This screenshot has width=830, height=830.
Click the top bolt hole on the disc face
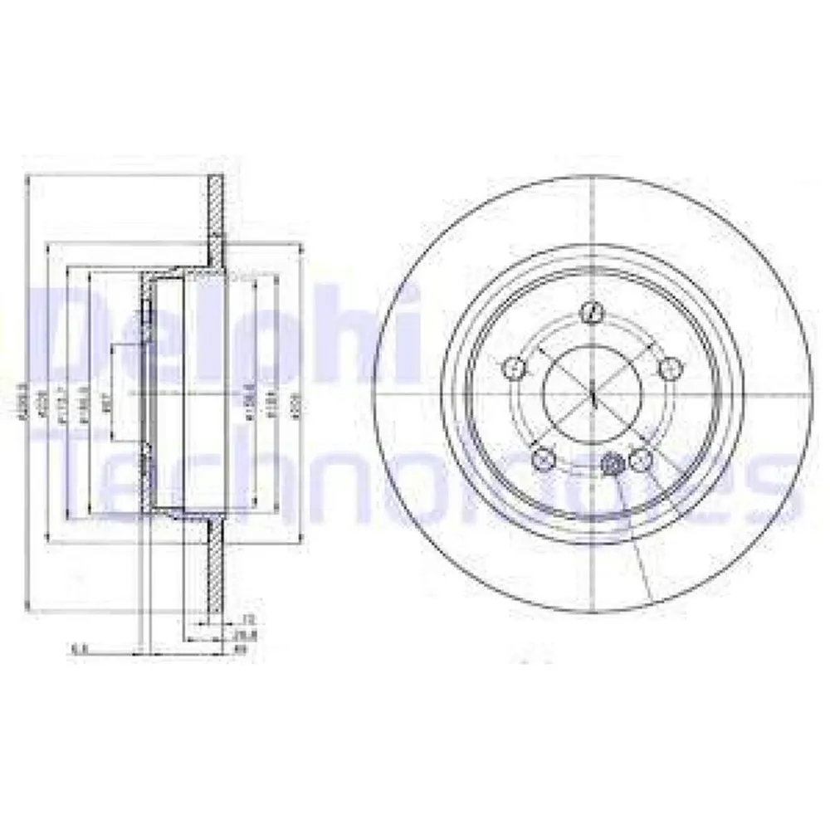tap(593, 314)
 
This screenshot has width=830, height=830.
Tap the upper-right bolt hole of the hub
tap(669, 368)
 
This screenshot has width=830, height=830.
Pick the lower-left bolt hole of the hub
tap(543, 457)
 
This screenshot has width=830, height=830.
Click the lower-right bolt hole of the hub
tap(640, 458)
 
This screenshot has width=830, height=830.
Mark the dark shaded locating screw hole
tap(613, 465)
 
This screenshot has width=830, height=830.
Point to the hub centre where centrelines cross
tap(594, 393)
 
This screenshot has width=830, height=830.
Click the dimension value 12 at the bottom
tap(246, 619)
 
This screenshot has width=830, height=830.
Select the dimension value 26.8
tap(246, 635)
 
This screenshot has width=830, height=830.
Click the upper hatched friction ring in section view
tap(215, 216)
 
